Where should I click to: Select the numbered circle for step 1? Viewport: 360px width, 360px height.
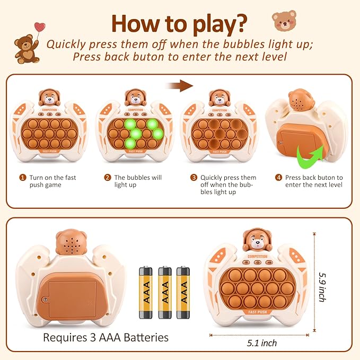point(23,178)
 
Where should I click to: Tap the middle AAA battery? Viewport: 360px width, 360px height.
point(164,292)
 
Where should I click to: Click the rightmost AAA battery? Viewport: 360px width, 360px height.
point(183,292)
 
